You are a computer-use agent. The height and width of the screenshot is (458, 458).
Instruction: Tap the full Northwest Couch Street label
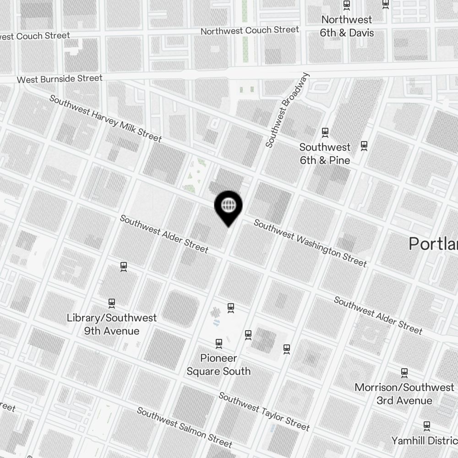pos(250,31)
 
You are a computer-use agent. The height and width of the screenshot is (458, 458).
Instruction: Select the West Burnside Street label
pos(60,79)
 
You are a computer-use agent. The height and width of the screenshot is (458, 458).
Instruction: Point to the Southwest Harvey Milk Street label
pos(105,118)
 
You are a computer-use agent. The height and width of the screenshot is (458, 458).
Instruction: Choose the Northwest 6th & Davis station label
pos(347,26)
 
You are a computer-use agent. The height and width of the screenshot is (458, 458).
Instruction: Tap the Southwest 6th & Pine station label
pos(325,153)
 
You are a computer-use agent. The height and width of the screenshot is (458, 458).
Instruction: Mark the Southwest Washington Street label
pos(310,243)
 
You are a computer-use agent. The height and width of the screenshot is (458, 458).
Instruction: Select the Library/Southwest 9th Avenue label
pos(111,324)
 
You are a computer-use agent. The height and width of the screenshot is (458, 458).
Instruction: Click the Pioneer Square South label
pos(218,364)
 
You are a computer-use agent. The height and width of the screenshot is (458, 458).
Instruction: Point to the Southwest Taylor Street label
pos(264,411)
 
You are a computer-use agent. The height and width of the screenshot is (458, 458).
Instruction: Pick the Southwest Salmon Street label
pos(185,427)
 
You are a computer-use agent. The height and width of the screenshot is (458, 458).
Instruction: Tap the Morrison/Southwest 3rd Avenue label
pos(404,394)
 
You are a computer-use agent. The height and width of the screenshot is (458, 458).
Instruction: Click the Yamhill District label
pos(424,441)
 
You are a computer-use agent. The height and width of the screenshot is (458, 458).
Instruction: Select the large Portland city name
pos(433,244)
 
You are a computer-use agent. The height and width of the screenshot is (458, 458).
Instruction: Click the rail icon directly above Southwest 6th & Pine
pos(325,132)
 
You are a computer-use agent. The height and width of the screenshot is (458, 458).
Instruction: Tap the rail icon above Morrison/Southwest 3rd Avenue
pos(404,372)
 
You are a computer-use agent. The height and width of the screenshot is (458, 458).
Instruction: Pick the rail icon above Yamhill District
pos(427,425)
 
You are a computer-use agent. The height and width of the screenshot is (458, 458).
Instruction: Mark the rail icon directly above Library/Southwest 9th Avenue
pos(112,303)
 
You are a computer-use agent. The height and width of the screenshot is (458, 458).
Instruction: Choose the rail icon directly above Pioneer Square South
pos(219,343)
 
